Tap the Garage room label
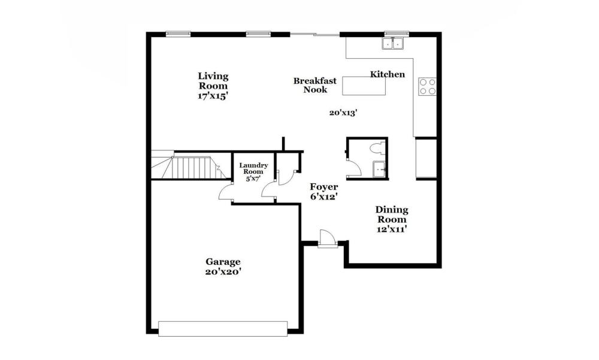[x=223, y=262]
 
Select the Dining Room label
[x=392, y=214]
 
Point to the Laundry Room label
[x=253, y=168]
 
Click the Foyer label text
[x=323, y=187]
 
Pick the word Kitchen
[x=388, y=74]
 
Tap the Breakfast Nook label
[x=315, y=85]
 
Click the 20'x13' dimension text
[x=343, y=113]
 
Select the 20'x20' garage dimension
[x=223, y=272]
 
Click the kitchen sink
[x=393, y=44]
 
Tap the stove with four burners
[x=428, y=86]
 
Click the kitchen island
[x=364, y=86]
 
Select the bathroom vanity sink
[x=379, y=169]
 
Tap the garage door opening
[x=223, y=329]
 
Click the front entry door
[x=328, y=238]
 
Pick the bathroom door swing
[x=353, y=168]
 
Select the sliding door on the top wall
[x=315, y=35]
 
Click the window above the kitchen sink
[x=397, y=34]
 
